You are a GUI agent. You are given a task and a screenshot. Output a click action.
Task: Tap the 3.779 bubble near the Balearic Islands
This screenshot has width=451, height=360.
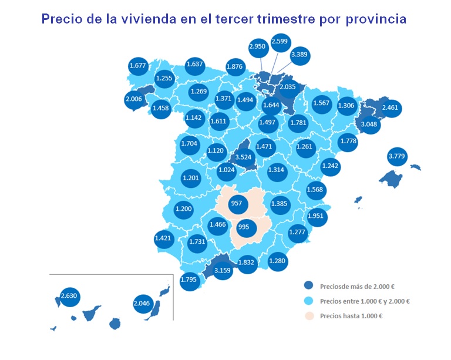pyautogui.click(x=398, y=157)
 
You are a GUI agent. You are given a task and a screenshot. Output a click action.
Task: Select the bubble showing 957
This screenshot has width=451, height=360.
pyautogui.click(x=237, y=204)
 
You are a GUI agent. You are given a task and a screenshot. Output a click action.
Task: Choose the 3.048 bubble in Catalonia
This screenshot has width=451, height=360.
pyautogui.click(x=369, y=125)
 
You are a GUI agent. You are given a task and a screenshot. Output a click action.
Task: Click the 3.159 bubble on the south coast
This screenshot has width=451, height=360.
pyautogui.click(x=223, y=271)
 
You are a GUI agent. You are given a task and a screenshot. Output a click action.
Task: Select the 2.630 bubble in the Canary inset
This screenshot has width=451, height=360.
pyautogui.click(x=69, y=295)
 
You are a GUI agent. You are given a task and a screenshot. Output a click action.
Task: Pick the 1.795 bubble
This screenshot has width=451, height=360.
pyautogui.click(x=189, y=279)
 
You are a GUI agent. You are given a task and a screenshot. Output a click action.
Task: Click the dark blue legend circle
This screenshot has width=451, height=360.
pyautogui.click(x=308, y=286)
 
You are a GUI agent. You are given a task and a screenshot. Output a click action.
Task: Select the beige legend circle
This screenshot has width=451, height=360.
pyautogui.click(x=308, y=316)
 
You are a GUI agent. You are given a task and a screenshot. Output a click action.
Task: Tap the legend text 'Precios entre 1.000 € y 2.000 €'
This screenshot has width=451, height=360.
pyautogui.click(x=365, y=301)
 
